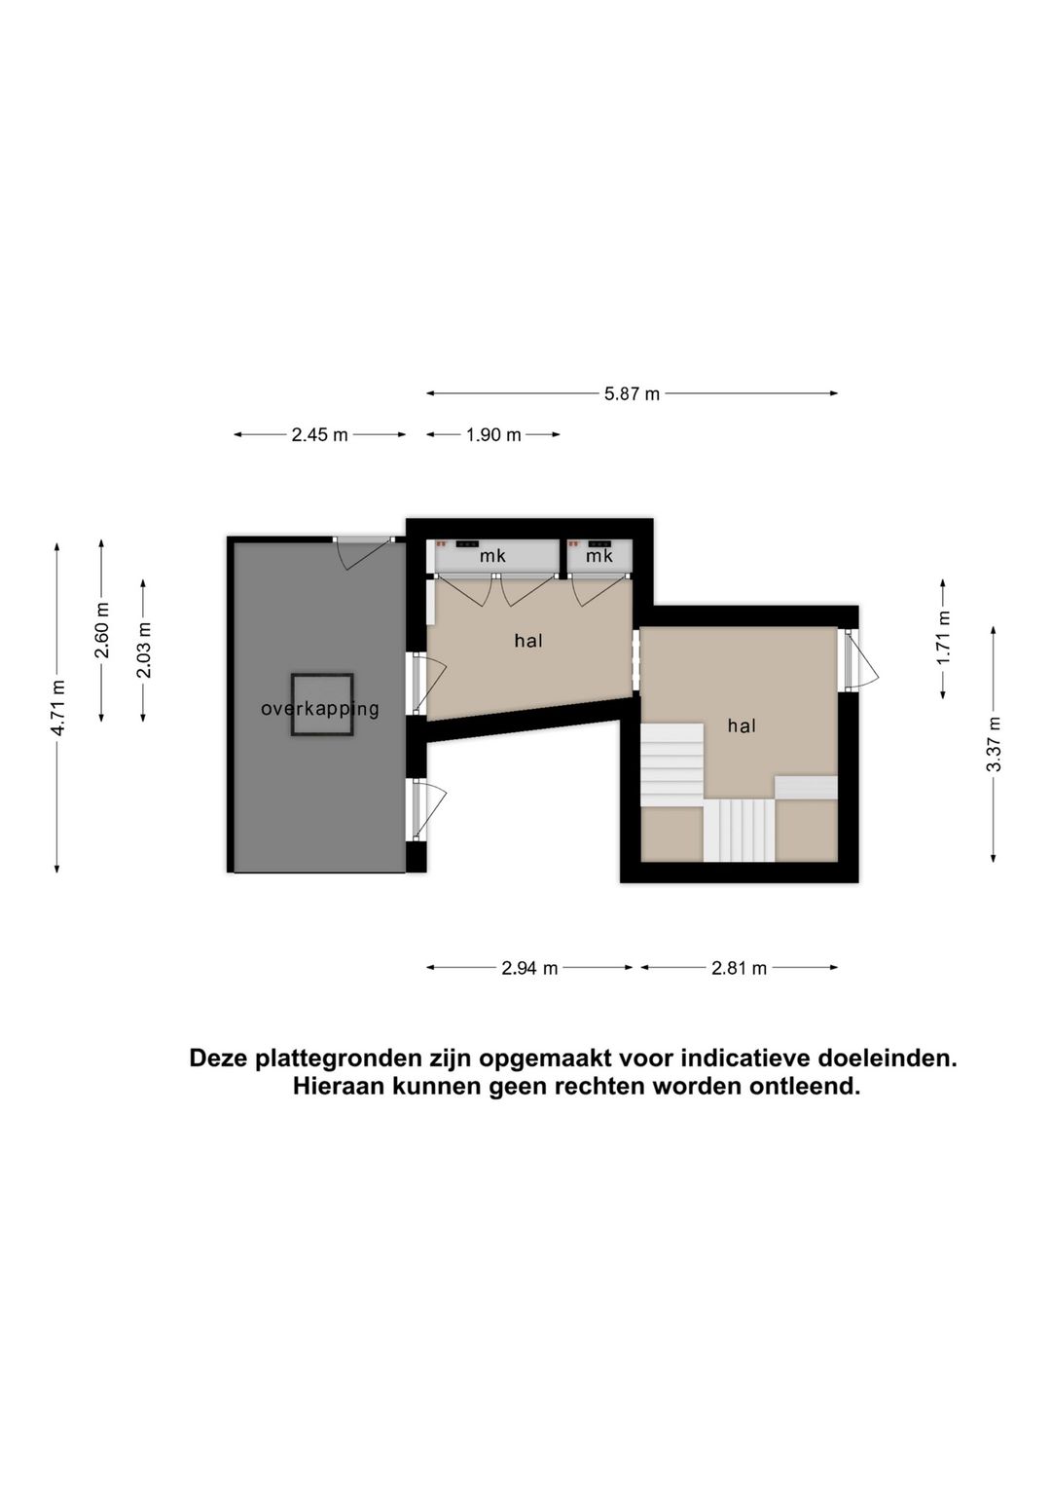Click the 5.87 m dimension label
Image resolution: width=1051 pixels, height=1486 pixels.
(x=632, y=394)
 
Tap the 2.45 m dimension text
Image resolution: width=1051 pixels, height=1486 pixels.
(x=319, y=435)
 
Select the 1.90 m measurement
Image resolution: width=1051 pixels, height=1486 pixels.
(x=492, y=435)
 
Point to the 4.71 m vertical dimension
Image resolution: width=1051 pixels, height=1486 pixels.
(x=57, y=707)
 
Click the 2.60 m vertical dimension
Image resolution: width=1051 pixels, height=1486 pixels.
(x=101, y=630)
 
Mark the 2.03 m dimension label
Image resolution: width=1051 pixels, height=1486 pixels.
(x=143, y=650)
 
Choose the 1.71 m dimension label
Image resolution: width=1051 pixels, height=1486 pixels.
(x=944, y=637)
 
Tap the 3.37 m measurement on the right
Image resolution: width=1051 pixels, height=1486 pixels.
(x=994, y=744)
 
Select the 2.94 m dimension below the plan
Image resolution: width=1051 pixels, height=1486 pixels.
(x=529, y=969)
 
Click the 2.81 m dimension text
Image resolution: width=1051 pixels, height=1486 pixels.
(x=739, y=969)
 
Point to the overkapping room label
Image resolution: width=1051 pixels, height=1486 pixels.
(x=319, y=709)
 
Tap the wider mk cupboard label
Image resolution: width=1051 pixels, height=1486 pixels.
(x=492, y=557)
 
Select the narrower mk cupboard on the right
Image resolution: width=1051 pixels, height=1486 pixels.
(x=599, y=556)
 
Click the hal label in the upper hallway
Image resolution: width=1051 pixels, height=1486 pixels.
(x=528, y=641)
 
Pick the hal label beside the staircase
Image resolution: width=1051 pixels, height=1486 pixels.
(x=742, y=726)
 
